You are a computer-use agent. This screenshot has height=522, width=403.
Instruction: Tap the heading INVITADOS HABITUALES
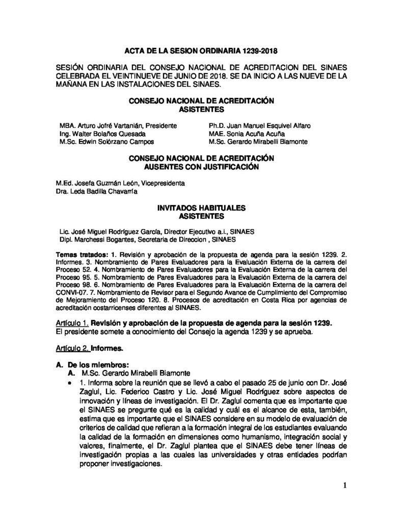click(x=201, y=207)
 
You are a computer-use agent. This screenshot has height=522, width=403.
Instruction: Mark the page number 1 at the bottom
click(x=344, y=485)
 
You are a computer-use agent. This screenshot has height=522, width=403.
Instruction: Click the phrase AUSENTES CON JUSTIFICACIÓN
click(x=201, y=166)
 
